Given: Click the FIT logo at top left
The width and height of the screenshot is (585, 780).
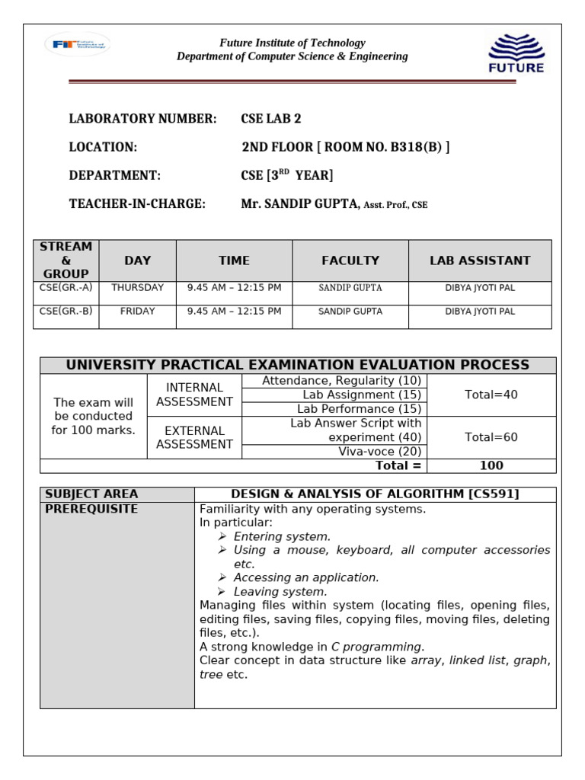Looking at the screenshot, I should (x=77, y=45).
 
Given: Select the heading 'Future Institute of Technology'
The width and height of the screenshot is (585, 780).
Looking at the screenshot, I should (x=292, y=43).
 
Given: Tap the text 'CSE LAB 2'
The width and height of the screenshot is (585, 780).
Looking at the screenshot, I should (x=271, y=118).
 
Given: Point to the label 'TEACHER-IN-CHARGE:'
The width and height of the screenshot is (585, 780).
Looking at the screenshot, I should (x=137, y=203).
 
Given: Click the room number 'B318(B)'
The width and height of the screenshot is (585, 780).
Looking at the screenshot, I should (x=416, y=147).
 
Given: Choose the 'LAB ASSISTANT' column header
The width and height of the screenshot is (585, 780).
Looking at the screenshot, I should (x=480, y=261).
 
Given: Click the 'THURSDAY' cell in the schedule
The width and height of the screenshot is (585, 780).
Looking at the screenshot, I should (x=137, y=288).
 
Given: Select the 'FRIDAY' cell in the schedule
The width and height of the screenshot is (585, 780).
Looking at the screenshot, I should (x=137, y=312).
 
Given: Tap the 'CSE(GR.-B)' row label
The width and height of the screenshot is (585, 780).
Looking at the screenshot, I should (x=66, y=312).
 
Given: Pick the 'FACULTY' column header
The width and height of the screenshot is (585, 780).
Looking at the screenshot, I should (x=350, y=261).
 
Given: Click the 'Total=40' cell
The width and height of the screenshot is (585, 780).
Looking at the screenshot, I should (x=491, y=395).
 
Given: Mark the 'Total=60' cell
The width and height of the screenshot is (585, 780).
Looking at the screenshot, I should (x=491, y=437).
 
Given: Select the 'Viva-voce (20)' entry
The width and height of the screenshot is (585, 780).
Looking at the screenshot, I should (x=380, y=452).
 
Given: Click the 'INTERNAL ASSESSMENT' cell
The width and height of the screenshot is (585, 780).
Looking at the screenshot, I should (x=194, y=395).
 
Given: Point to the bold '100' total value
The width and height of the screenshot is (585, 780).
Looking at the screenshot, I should (x=491, y=465).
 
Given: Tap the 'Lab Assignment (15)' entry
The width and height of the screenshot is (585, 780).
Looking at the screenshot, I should (x=362, y=395).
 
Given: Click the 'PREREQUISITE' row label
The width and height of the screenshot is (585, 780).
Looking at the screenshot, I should (x=91, y=509).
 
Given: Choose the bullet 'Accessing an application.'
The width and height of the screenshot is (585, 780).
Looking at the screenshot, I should (x=306, y=577).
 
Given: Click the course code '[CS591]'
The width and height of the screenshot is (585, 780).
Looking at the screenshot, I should (x=494, y=494).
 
